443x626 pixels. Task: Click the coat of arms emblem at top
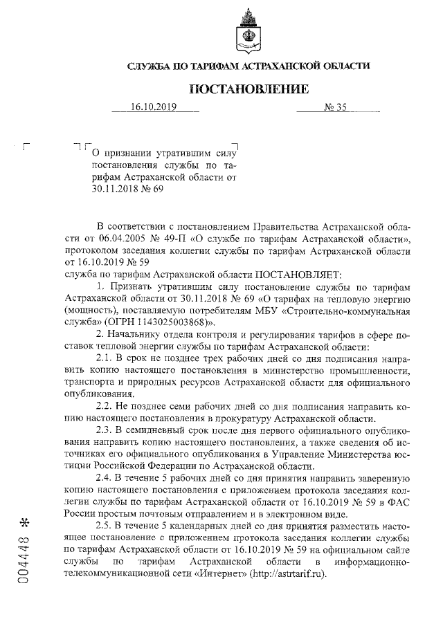click(248, 26)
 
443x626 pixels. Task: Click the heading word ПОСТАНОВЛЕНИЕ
click(248, 89)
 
